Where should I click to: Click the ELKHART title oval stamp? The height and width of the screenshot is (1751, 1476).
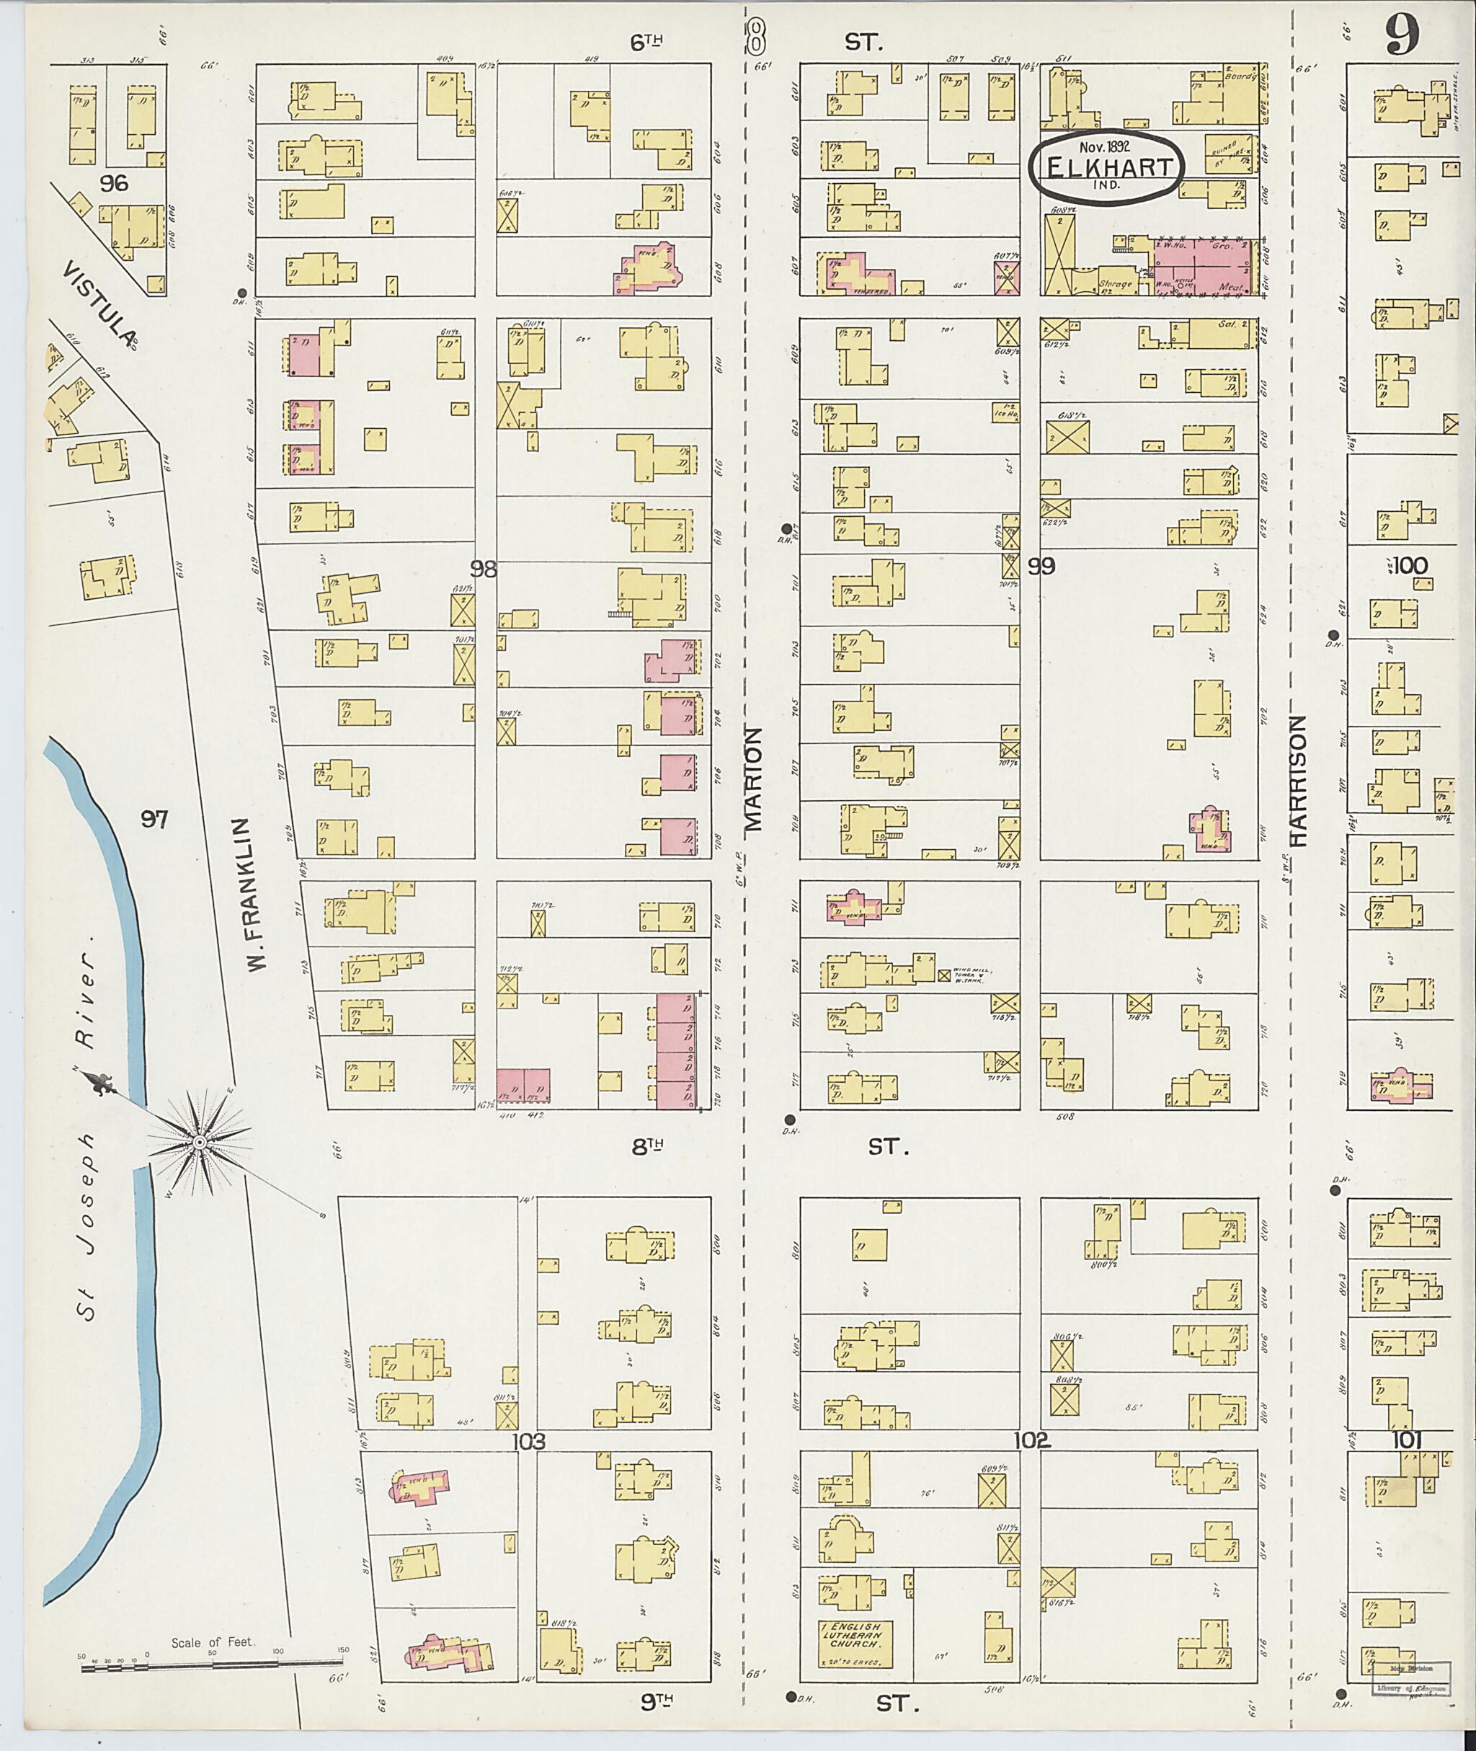pyautogui.click(x=1106, y=166)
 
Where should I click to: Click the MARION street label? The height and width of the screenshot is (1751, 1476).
pyautogui.click(x=754, y=778)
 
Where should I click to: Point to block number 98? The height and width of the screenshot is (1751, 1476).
pyautogui.click(x=483, y=569)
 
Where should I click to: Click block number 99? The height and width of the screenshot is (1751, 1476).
pyautogui.click(x=1041, y=567)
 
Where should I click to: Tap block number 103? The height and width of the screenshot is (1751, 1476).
pyautogui.click(x=529, y=1441)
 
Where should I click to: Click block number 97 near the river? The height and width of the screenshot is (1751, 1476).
pyautogui.click(x=154, y=820)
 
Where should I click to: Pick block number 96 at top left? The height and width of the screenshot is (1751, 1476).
pyautogui.click(x=112, y=182)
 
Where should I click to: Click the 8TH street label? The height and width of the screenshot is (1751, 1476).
pyautogui.click(x=649, y=1148)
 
